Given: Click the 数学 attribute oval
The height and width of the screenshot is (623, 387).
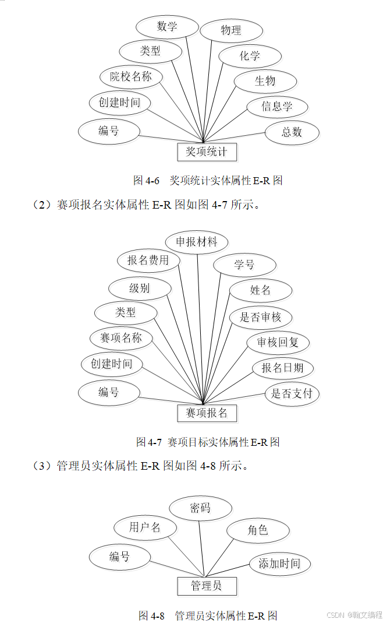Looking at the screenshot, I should [x=167, y=26].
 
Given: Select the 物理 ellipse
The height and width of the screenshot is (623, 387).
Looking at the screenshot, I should [x=231, y=30].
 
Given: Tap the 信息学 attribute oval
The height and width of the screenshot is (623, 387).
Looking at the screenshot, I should [x=276, y=106].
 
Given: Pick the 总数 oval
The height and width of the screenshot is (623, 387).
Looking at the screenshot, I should [x=292, y=132].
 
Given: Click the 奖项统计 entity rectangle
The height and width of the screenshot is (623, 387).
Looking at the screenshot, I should [x=207, y=152].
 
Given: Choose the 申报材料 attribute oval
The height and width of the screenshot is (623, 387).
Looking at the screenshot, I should [x=197, y=241].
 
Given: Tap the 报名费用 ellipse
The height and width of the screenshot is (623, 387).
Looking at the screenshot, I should [x=148, y=260].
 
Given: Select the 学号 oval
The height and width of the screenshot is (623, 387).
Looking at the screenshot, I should [x=244, y=265].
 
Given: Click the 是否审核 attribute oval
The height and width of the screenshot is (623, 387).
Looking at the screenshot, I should [x=260, y=317].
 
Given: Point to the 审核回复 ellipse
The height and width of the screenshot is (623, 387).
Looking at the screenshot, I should [x=278, y=343].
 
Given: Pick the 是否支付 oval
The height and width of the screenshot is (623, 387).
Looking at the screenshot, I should [x=292, y=393].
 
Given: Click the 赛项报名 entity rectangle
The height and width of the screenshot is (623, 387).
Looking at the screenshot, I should [x=207, y=413].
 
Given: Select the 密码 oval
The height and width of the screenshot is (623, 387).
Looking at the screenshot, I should [x=200, y=508].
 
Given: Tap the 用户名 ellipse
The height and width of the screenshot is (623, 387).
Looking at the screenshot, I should [x=145, y=527].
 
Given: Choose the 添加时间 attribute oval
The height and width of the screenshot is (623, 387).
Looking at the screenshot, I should [x=279, y=563].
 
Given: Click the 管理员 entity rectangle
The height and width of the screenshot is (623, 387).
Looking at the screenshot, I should [x=207, y=586].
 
